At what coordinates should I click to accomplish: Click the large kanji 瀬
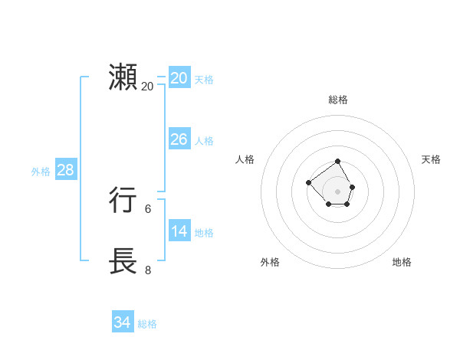[123, 78]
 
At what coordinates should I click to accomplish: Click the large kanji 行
[123, 201]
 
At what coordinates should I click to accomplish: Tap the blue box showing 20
[179, 78]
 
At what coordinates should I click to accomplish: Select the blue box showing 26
[179, 139]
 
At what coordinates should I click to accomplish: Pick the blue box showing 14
[179, 231]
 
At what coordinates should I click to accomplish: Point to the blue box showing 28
[65, 170]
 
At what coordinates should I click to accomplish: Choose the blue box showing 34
[122, 323]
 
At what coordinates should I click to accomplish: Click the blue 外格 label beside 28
[41, 172]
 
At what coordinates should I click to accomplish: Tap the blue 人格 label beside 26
[204, 141]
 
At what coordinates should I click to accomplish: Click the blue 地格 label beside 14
[204, 233]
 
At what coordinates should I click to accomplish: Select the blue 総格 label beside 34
[147, 324]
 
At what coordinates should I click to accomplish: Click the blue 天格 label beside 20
[204, 80]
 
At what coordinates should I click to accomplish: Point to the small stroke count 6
[148, 208]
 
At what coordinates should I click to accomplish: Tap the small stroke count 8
[148, 270]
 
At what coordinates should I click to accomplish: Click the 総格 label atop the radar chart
[338, 100]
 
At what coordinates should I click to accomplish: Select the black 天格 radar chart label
[431, 159]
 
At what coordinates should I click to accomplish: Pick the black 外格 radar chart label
[270, 262]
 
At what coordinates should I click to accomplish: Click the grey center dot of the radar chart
[338, 191]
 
